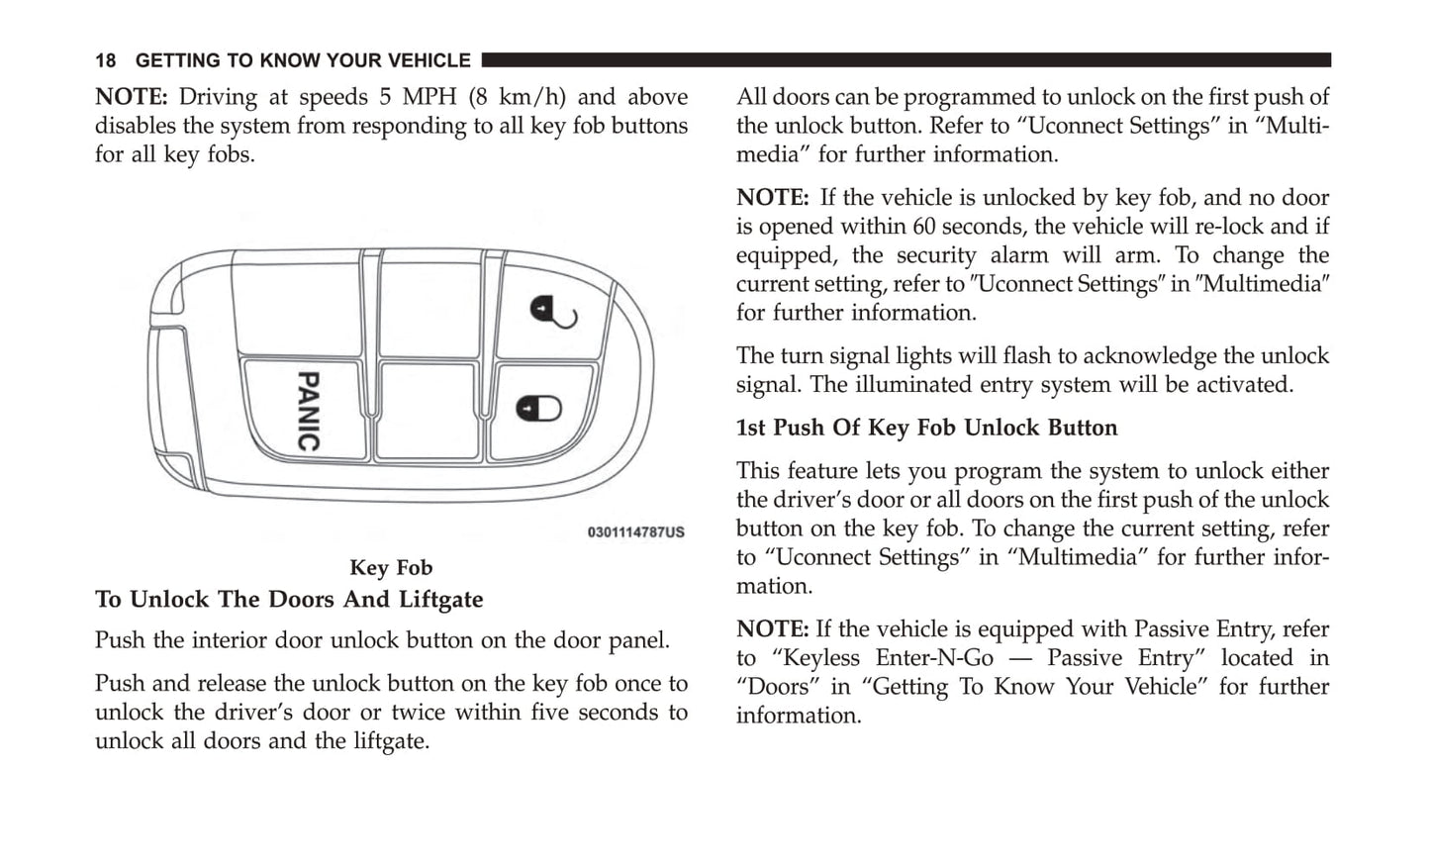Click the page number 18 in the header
pyautogui.click(x=105, y=60)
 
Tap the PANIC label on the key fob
pyautogui.click(x=309, y=411)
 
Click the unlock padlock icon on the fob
pyautogui.click(x=553, y=312)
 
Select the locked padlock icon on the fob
pyautogui.click(x=538, y=409)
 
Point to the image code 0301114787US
pyautogui.click(x=636, y=532)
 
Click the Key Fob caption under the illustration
pyautogui.click(x=391, y=567)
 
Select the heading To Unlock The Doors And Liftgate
pyautogui.click(x=289, y=600)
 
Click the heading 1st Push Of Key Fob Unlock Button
pyautogui.click(x=927, y=428)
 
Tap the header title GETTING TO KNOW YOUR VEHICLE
pyautogui.click(x=303, y=60)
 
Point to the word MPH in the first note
pyautogui.click(x=429, y=97)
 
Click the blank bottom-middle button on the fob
pyautogui.click(x=428, y=411)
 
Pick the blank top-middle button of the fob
pyautogui.click(x=430, y=304)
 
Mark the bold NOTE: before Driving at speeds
pyautogui.click(x=132, y=97)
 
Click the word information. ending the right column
pyautogui.click(x=800, y=716)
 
